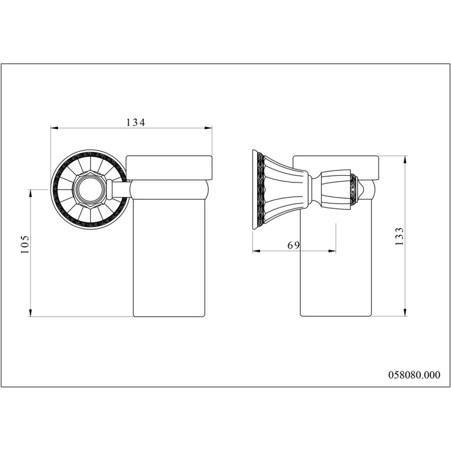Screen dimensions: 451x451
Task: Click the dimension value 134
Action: [135, 122]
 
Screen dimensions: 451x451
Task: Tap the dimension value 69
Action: [294, 245]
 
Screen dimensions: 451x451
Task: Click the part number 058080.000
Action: [414, 374]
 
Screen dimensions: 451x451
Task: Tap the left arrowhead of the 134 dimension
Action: [54, 128]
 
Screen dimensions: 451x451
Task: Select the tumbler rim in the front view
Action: [169, 167]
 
